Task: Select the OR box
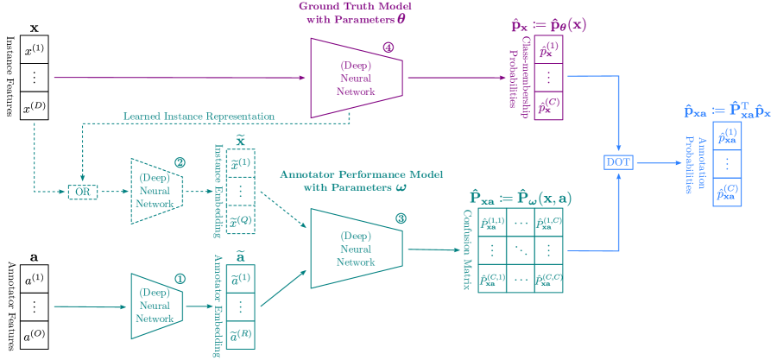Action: (x=82, y=191)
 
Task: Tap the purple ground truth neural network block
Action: (x=357, y=78)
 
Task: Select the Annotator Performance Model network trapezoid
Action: (x=357, y=249)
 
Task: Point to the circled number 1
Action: (x=180, y=278)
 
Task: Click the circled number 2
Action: (x=180, y=162)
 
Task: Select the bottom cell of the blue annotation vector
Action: (x=727, y=192)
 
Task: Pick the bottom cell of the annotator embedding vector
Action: (x=243, y=335)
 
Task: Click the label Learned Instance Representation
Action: (x=199, y=116)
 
